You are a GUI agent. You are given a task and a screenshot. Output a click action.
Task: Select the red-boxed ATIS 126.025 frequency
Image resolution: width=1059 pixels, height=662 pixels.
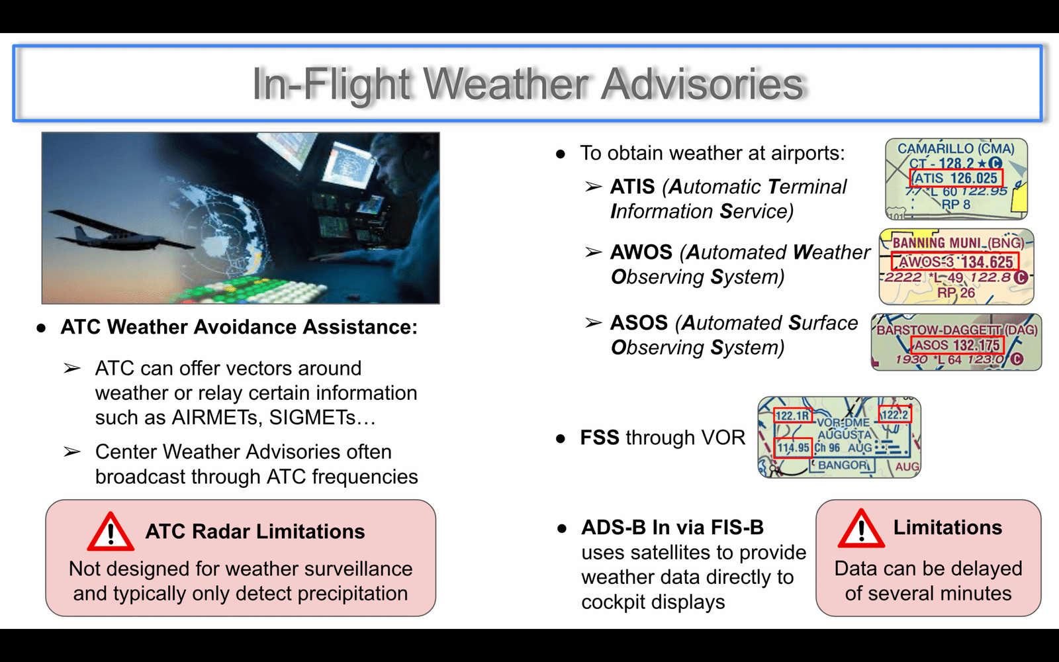click(956, 178)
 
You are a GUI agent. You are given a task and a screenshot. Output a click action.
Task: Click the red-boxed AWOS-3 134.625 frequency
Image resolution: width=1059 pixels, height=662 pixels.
click(954, 261)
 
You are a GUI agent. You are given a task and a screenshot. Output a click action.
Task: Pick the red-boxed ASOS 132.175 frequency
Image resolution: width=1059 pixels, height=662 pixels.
click(957, 345)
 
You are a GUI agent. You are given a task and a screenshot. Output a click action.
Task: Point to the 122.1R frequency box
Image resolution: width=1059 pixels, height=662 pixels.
click(793, 415)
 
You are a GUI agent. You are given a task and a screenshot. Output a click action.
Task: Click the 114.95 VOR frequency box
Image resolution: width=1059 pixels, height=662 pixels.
click(794, 448)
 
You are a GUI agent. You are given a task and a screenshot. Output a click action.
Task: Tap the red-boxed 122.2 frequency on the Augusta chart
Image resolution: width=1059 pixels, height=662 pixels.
click(895, 414)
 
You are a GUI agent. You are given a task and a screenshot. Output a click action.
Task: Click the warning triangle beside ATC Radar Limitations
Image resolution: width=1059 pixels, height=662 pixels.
click(111, 532)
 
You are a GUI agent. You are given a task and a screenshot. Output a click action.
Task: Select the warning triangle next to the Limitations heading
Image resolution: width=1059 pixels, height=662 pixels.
click(861, 528)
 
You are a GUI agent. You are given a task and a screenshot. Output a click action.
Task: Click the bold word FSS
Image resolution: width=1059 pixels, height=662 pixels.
click(599, 438)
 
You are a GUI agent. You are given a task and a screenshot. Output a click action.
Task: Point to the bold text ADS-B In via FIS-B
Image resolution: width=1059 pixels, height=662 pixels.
click(672, 527)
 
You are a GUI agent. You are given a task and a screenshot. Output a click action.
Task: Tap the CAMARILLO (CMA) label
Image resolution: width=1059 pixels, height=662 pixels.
click(956, 149)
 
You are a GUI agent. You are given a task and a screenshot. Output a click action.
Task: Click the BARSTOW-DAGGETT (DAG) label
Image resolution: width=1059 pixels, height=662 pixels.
click(957, 330)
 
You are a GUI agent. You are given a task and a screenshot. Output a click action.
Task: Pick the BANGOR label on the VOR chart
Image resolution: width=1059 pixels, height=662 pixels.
click(843, 465)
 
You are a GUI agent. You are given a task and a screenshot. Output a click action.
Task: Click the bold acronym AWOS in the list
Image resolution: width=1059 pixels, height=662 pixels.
click(641, 252)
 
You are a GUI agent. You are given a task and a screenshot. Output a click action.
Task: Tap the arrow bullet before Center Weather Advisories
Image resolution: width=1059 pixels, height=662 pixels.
click(72, 452)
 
